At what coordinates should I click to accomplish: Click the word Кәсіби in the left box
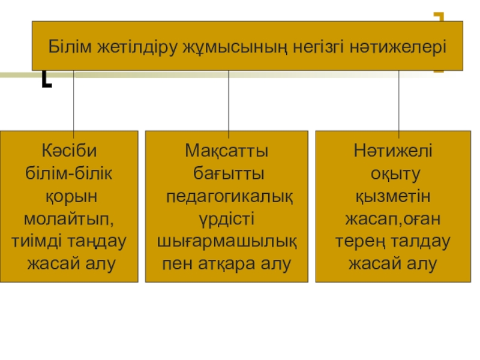(69, 150)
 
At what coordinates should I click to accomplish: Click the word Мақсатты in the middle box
(227, 150)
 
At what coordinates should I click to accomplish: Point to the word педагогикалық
(229, 196)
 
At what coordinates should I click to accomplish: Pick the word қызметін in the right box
(393, 196)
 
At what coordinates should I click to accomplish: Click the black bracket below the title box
(46, 79)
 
